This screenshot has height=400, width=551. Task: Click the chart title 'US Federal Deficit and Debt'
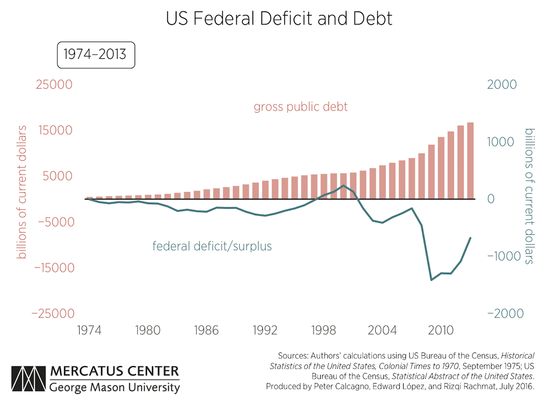(279, 19)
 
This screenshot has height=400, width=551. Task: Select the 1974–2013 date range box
(96, 55)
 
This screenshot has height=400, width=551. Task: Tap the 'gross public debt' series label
(300, 107)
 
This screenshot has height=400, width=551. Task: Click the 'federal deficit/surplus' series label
(212, 246)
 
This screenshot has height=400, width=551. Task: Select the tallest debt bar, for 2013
(470, 160)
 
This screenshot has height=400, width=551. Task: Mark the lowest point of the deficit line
(431, 280)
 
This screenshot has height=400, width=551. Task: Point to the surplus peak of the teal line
(344, 186)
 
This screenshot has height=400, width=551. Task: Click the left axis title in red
(22, 192)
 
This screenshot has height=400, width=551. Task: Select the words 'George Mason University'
(114, 388)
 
